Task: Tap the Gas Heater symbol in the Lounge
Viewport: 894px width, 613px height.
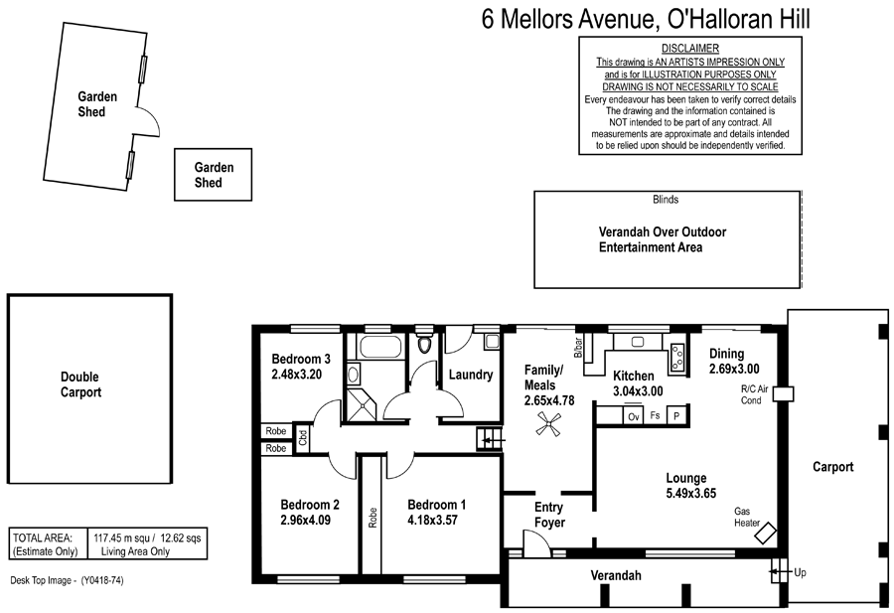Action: (x=766, y=534)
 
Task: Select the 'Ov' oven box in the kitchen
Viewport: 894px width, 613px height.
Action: (x=632, y=417)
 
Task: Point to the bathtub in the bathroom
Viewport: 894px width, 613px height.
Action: (x=380, y=348)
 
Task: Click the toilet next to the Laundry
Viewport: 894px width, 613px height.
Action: (x=426, y=345)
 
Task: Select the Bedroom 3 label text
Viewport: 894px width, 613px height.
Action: (x=300, y=359)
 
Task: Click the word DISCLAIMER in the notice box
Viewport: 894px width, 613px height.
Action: (x=689, y=49)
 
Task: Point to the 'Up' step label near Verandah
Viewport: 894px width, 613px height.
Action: (x=801, y=572)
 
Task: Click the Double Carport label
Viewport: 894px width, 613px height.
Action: (x=81, y=384)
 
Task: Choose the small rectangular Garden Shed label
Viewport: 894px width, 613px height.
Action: (x=214, y=175)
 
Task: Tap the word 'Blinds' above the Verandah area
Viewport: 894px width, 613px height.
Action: (x=666, y=200)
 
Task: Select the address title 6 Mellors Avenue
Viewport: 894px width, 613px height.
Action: (x=645, y=18)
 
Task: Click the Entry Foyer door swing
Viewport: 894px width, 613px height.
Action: (x=534, y=540)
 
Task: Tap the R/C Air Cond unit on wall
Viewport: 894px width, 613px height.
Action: (x=784, y=393)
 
